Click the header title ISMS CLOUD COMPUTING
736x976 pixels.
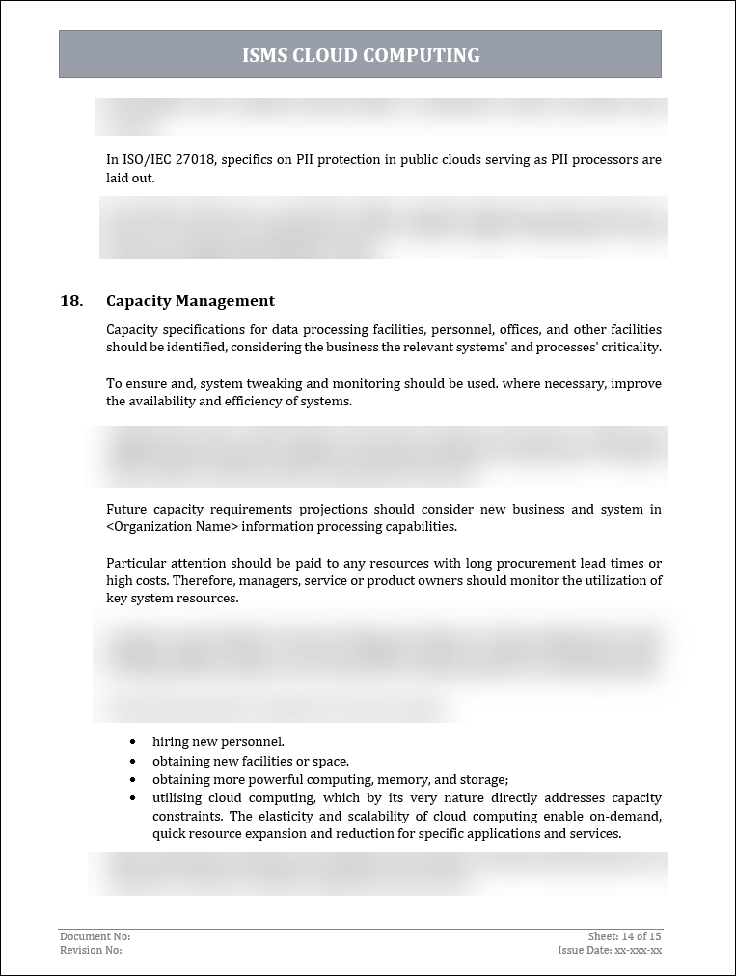pos(361,55)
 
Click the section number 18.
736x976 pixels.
pos(71,301)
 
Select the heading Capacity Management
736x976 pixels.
pos(190,301)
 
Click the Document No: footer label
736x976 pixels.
pos(95,936)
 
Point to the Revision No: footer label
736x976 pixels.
pos(91,950)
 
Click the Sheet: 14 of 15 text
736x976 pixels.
pos(624,936)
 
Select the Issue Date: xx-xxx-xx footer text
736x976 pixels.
pos(610,950)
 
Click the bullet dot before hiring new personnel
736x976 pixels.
pos(133,742)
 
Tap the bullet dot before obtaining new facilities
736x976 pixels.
pos(133,761)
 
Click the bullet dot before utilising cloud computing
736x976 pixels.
pos(133,797)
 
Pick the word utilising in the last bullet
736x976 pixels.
pos(177,797)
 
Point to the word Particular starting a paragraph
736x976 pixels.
pos(133,563)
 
